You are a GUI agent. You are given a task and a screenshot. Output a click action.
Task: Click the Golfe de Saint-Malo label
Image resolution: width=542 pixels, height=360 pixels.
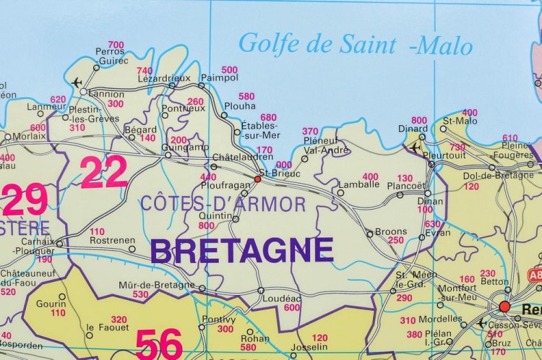(355, 45)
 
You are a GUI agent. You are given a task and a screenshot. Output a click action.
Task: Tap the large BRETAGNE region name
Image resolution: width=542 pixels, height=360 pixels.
(242, 251)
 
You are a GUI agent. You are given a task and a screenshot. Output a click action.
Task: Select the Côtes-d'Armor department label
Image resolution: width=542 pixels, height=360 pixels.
(223, 203)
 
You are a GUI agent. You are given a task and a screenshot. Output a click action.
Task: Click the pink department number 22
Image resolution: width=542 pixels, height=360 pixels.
(103, 173)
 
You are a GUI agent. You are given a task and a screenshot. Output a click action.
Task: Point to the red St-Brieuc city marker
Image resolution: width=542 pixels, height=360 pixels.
(257, 179)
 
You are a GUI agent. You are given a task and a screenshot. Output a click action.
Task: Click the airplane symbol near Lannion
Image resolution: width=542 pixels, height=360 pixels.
(77, 82)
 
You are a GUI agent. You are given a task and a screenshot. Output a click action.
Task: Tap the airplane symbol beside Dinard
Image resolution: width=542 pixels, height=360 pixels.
(415, 147)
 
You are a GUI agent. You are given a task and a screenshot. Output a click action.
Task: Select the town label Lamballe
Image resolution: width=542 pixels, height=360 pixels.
(358, 184)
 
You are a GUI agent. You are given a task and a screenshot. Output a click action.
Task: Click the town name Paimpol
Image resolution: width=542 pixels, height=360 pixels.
(219, 78)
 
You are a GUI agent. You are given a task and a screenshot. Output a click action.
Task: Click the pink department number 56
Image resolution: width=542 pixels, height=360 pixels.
(159, 344)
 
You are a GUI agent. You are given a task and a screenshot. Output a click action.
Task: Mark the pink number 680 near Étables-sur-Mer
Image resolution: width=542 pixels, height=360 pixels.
(268, 117)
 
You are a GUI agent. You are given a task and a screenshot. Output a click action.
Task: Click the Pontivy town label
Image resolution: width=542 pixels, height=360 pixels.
(219, 319)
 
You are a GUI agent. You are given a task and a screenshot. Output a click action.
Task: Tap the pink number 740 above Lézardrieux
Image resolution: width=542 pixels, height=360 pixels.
(145, 70)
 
